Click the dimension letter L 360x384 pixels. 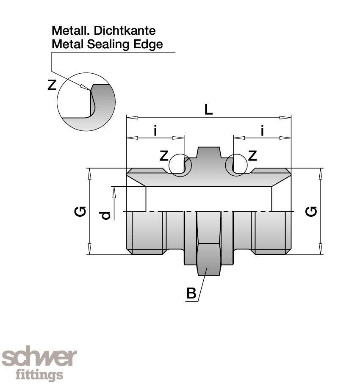coord(208,110)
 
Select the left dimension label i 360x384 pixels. coord(155,131)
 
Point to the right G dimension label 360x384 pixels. coord(311,210)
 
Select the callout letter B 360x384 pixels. coord(191,293)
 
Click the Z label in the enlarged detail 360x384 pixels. coord(52,86)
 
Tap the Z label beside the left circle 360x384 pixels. coord(164,156)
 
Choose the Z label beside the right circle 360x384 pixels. coord(252,156)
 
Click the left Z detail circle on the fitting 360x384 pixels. coord(180,165)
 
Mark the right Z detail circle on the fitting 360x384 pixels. coord(236,165)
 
